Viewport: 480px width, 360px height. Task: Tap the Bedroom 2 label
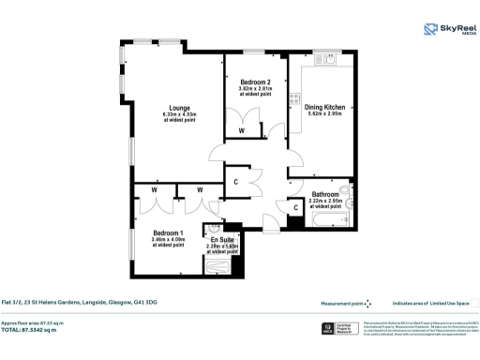[254, 82]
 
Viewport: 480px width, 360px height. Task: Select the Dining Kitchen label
[323, 107]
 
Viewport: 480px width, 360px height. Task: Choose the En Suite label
[223, 240]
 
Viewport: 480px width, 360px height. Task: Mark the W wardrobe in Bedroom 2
[242, 130]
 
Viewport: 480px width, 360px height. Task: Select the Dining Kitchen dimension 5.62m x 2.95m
[323, 115]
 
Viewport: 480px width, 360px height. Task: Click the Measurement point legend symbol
[368, 303]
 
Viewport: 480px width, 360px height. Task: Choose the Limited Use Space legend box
[473, 303]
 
